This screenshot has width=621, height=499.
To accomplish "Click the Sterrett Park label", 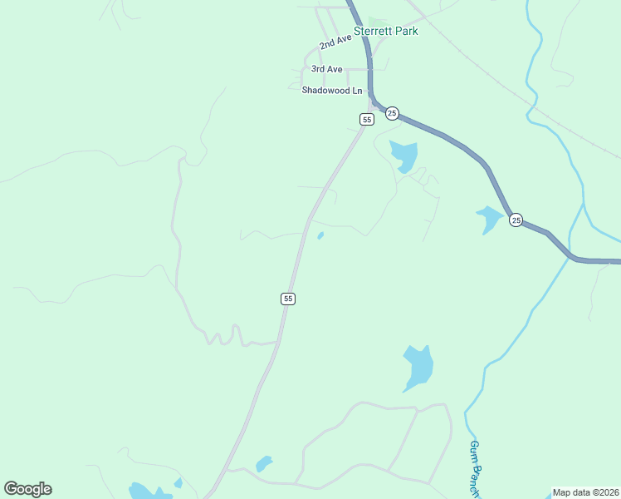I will coord(386,32).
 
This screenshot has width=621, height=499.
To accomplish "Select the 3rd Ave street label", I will coord(326,69).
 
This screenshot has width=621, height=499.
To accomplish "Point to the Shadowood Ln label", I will coord(332,90).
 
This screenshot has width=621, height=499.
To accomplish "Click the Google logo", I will coord(27,489).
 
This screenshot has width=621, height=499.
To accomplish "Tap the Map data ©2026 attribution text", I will coord(586,492).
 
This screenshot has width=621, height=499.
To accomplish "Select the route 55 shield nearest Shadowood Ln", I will coord(366,120).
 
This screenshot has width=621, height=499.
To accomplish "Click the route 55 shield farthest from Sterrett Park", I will coord(287,299).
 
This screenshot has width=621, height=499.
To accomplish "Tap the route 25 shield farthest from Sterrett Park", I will coord(516,220).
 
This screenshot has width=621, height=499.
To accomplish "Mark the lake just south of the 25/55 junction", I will coord(404,156).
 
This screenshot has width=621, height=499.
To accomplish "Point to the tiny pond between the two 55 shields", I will coord(320,236).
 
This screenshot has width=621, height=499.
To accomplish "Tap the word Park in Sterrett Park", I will coord(407,32).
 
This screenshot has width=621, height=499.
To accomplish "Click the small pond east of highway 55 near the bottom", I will coord(264,463).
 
